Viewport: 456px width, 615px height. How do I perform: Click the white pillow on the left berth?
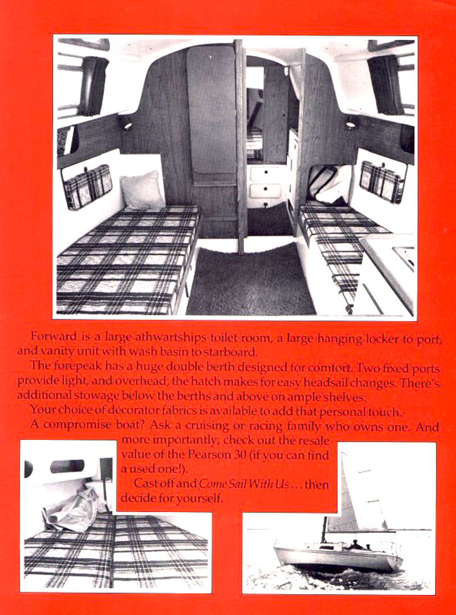click(x=142, y=189)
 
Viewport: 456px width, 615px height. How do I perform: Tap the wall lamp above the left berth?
click(x=127, y=124)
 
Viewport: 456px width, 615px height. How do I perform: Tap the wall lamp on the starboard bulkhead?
click(x=350, y=122)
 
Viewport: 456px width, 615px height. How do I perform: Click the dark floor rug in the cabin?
click(x=251, y=282)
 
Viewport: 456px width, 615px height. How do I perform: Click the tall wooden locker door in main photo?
click(x=212, y=114)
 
